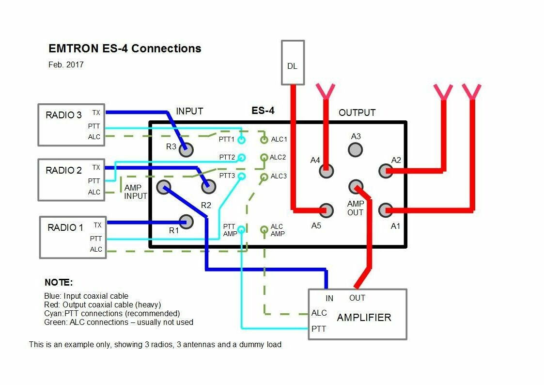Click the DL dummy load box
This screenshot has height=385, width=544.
[293, 63]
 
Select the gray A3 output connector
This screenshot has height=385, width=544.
[356, 150]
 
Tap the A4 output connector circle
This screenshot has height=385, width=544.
[327, 170]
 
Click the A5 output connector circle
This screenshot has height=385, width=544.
[326, 210]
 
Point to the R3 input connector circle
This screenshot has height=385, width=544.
[186, 150]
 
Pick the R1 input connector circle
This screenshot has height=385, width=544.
[186, 222]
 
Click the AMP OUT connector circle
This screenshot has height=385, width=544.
[356, 187]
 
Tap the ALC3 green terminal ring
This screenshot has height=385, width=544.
[264, 177]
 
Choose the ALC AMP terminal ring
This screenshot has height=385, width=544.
[264, 230]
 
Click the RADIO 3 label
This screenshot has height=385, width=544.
[64, 115]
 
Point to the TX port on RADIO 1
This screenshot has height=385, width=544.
[97, 225]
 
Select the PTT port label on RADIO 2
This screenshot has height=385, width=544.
[94, 181]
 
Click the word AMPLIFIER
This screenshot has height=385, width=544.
[364, 318]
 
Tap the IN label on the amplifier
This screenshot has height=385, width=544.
[329, 298]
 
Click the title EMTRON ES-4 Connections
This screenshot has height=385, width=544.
[124, 48]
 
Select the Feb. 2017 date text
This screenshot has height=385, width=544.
[66, 64]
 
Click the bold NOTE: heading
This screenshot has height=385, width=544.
[58, 282]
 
